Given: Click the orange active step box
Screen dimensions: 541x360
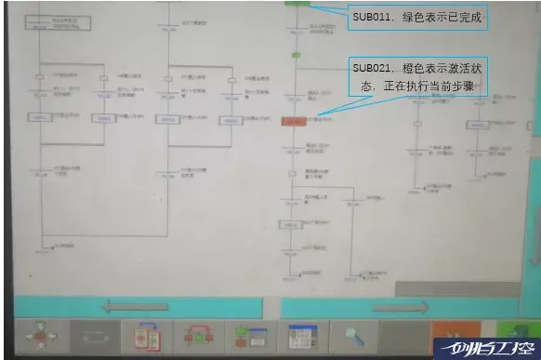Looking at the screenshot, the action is (294, 121).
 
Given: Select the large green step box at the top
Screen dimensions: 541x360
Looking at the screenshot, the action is (297, 5).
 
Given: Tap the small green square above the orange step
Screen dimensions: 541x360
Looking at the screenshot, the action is (295, 56).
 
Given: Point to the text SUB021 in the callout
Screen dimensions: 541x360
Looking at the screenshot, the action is (372, 69).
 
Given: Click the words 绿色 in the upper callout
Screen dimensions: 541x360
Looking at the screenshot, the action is (414, 18).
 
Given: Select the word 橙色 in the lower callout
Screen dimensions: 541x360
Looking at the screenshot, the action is (416, 69).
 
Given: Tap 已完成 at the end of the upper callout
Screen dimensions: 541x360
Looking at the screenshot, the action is (470, 18).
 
